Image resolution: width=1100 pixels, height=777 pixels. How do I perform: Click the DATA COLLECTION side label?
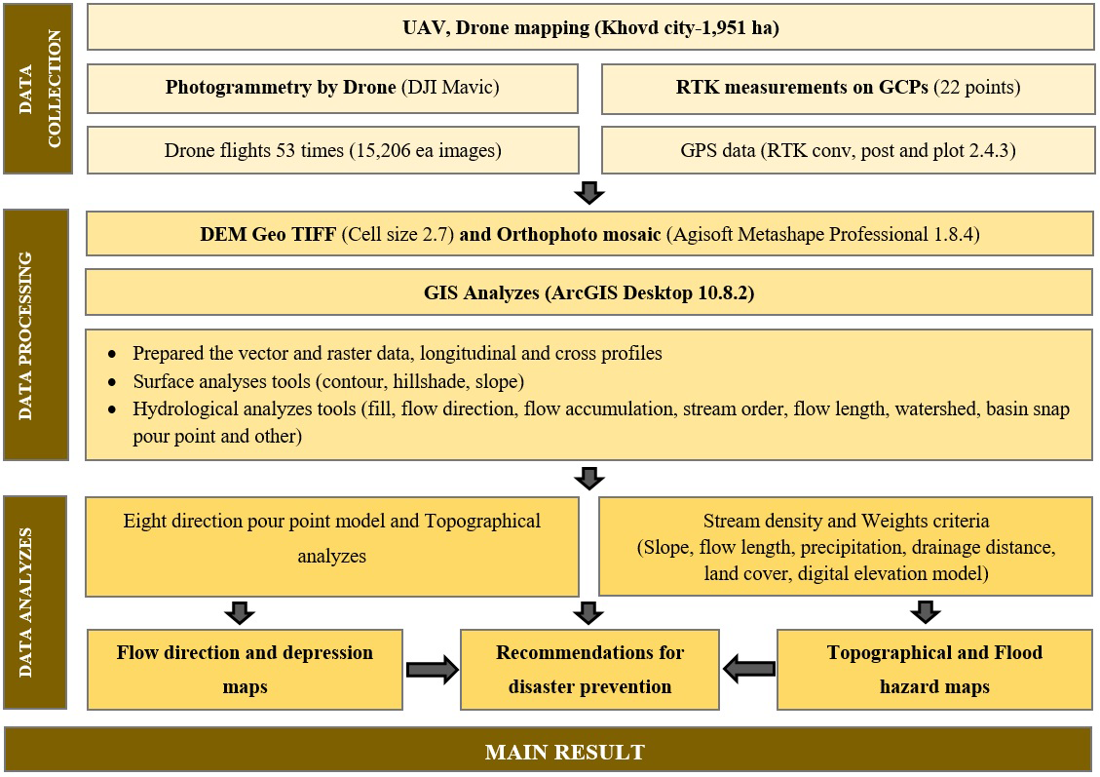click(37, 89)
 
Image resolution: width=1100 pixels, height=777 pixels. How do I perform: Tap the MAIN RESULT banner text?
click(565, 752)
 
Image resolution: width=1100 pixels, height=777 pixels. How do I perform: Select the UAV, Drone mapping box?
click(590, 27)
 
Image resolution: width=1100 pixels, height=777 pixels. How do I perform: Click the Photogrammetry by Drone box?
click(332, 88)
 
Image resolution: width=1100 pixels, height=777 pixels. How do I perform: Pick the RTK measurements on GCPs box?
click(848, 88)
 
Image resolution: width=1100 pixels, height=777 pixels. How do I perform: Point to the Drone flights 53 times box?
click(332, 150)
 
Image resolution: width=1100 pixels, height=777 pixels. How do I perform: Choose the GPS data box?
click(848, 150)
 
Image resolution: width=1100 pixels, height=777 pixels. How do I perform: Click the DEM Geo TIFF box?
click(590, 235)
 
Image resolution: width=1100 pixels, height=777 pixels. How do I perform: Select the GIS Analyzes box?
click(590, 291)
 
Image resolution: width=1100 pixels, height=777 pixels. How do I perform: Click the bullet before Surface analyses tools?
click(114, 382)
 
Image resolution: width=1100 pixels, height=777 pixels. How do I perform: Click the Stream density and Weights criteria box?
click(846, 546)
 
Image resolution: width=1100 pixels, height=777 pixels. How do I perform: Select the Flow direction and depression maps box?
click(245, 670)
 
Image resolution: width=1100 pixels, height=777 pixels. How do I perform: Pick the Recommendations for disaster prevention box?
click(589, 670)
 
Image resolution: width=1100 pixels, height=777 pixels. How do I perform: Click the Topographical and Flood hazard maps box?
click(934, 670)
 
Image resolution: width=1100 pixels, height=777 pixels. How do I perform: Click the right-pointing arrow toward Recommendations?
click(432, 670)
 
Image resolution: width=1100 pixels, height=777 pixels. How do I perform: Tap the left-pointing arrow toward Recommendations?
click(748, 670)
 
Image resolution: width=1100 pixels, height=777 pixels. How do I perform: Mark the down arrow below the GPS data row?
click(589, 192)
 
